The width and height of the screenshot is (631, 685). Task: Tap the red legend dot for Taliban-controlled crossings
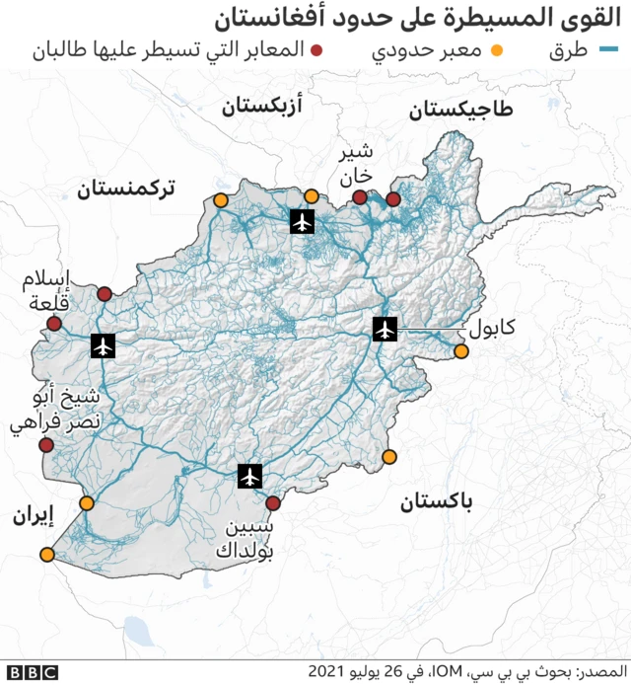pyautogui.click(x=317, y=50)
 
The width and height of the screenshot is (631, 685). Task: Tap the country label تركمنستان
pyautogui.click(x=125, y=188)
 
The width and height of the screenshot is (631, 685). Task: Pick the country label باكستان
pyautogui.click(x=436, y=502)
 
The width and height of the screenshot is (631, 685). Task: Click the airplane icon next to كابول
pyautogui.click(x=385, y=329)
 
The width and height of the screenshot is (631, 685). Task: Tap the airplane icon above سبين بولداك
pyautogui.click(x=250, y=477)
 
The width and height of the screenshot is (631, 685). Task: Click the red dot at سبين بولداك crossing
pyautogui.click(x=273, y=503)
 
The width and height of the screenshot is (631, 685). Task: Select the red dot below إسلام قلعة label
pyautogui.click(x=54, y=324)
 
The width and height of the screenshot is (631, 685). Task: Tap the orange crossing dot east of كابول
pyautogui.click(x=460, y=351)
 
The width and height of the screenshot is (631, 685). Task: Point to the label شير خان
pyautogui.click(x=356, y=163)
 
